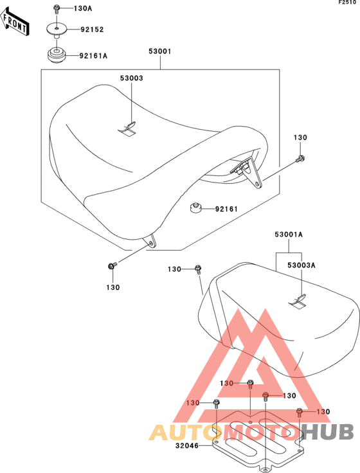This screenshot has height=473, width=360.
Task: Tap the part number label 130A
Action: (83, 8)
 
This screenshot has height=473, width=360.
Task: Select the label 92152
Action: (92, 30)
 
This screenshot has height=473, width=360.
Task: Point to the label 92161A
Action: (93, 56)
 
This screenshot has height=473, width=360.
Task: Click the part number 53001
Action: (160, 51)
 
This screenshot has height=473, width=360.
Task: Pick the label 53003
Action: (132, 78)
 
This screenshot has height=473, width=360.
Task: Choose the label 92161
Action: (226, 209)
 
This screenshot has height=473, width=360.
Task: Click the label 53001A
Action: (289, 235)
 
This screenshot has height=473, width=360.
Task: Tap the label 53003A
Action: (301, 265)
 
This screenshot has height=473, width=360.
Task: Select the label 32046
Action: (187, 445)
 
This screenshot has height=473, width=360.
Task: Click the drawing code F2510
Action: (347, 3)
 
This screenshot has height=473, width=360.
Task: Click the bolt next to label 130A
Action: (56, 9)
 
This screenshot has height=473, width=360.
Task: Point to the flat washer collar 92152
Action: (57, 31)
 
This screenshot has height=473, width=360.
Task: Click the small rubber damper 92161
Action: (195, 208)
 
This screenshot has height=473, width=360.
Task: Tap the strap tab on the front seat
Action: (127, 128)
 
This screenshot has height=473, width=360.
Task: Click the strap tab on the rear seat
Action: (298, 301)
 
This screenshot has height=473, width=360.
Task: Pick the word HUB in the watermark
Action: (328, 431)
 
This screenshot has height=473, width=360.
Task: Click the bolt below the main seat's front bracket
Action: (112, 266)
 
